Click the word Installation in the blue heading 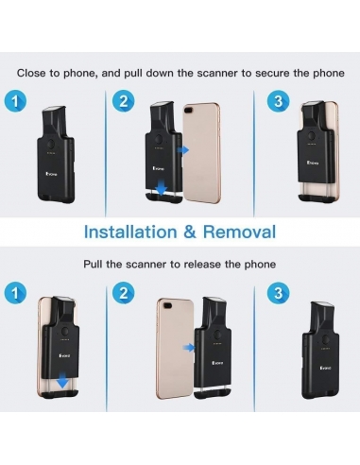(130, 232)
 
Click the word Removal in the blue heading (239, 232)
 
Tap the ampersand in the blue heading (190, 232)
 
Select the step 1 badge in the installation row (15, 101)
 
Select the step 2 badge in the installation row (124, 101)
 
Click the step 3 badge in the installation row (278, 101)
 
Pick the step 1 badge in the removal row (15, 293)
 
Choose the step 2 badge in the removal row (124, 293)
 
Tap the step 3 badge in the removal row (278, 293)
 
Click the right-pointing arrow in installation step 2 (183, 150)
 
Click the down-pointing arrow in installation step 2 (162, 186)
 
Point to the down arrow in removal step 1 (62, 380)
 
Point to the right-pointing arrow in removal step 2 (189, 348)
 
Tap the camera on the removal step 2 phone (167, 305)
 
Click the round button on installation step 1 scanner (51, 145)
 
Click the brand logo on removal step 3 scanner (325, 368)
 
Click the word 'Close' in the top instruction (31, 73)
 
